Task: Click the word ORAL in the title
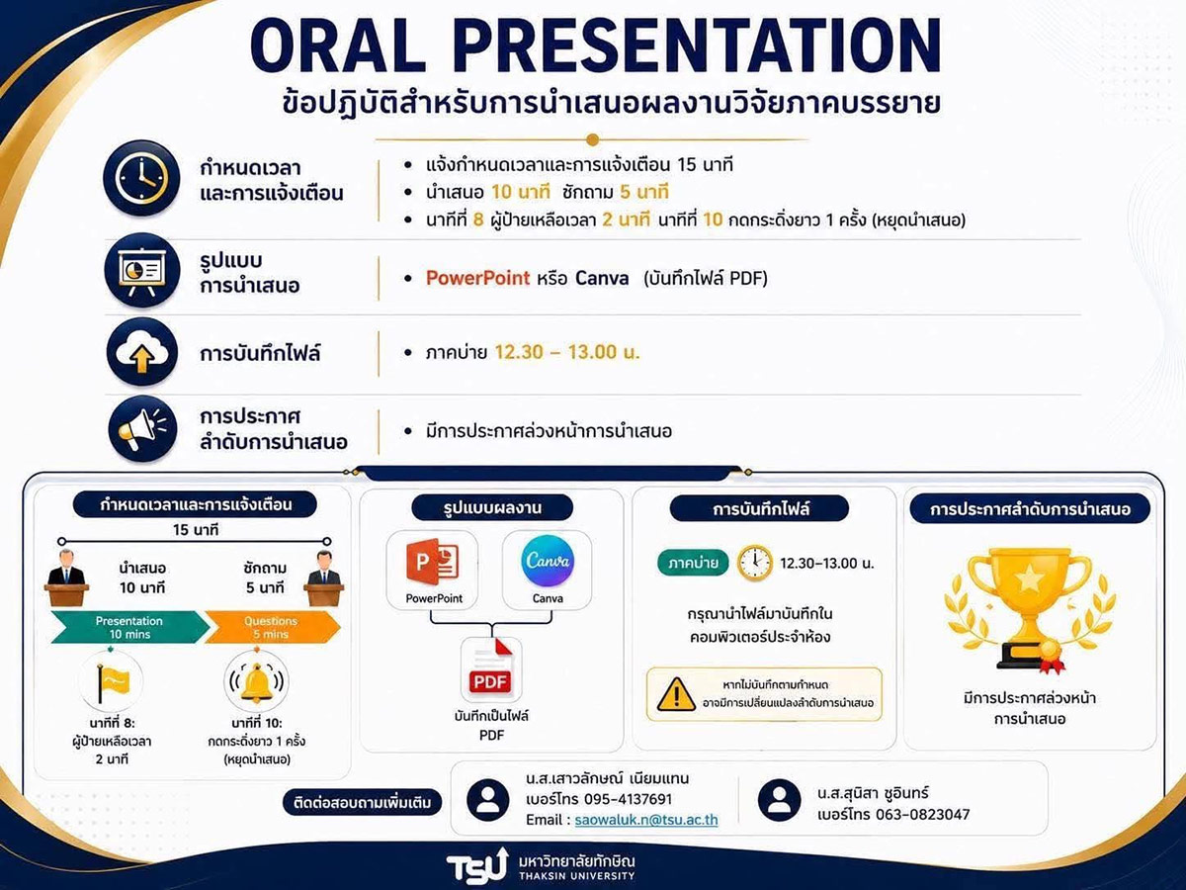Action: [339, 45]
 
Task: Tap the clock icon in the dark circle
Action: [141, 178]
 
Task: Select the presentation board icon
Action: [141, 271]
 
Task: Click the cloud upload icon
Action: [142, 352]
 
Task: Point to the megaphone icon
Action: [142, 428]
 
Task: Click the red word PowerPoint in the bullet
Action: [477, 278]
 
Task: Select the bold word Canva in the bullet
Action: [602, 278]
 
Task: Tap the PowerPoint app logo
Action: [433, 562]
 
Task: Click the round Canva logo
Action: [548, 562]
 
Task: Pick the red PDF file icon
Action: [490, 669]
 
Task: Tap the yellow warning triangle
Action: [676, 694]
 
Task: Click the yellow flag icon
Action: [112, 682]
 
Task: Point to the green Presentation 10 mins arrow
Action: [130, 627]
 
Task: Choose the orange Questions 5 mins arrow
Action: [273, 627]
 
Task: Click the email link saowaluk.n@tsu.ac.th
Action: [646, 820]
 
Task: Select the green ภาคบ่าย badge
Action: [693, 563]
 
